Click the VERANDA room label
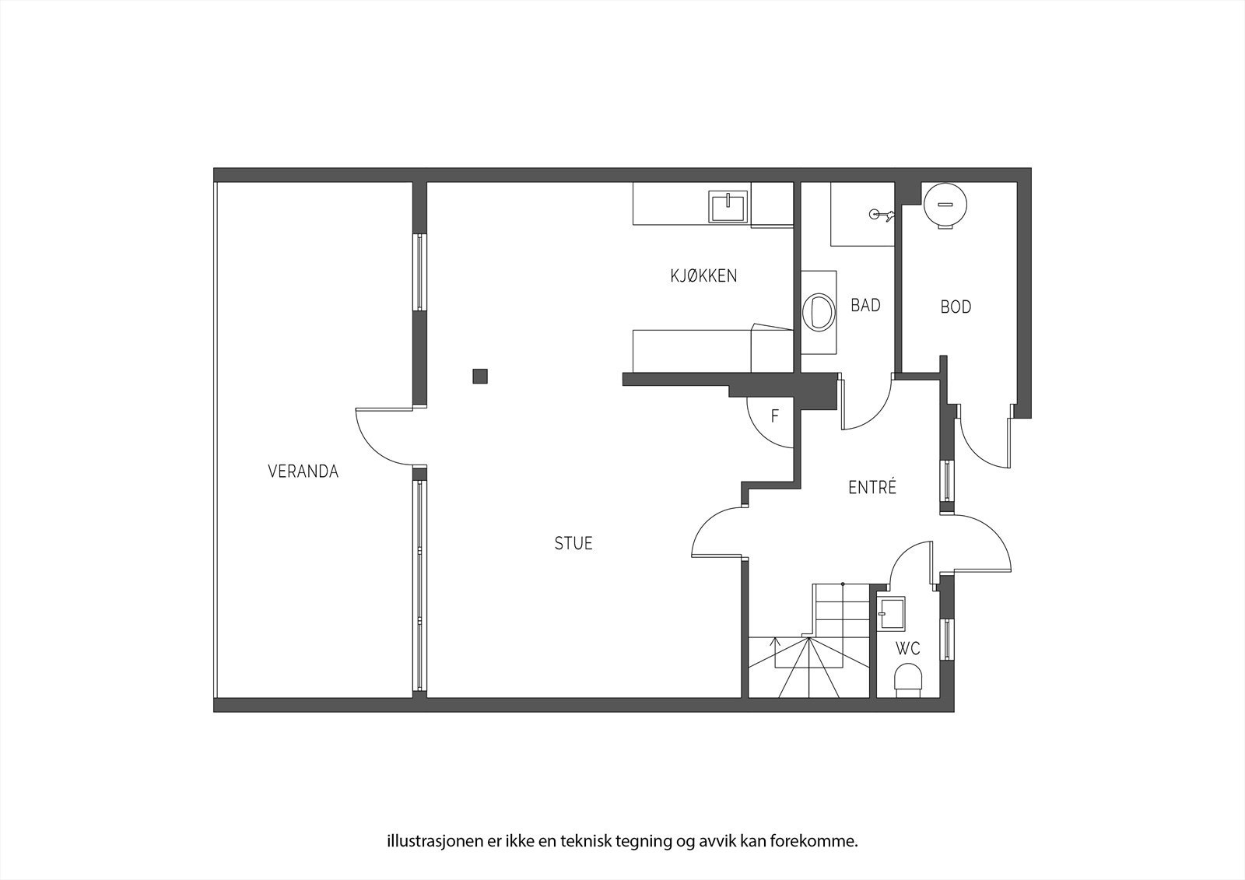tap(303, 472)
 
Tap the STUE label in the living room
tap(573, 543)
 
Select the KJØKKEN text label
tap(703, 275)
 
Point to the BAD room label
tap(865, 305)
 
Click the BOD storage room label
tap(956, 307)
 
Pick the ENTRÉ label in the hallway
tap(872, 488)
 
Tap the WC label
tap(907, 648)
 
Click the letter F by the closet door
tap(775, 416)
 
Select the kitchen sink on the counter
tap(728, 206)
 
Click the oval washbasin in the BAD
tap(817, 311)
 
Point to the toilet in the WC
tap(907, 679)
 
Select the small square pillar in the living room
tap(480, 376)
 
